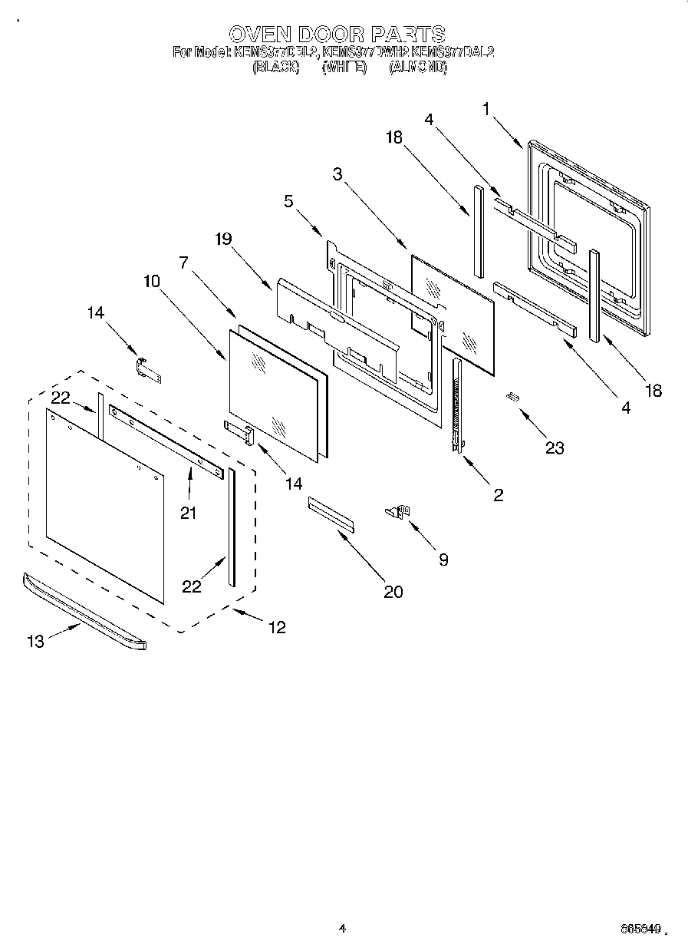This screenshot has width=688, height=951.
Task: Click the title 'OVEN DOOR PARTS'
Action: [x=337, y=34]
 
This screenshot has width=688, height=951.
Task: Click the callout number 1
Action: [x=486, y=109]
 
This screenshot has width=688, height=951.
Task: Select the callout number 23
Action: [x=555, y=448]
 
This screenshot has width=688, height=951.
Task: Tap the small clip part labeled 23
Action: [x=512, y=396]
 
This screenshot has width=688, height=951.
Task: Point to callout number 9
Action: [x=443, y=560]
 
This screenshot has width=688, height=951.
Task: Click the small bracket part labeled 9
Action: [x=400, y=510]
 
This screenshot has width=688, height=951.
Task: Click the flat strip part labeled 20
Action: [x=331, y=513]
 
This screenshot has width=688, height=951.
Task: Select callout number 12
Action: [x=277, y=627]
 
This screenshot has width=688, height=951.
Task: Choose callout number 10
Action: [x=151, y=281]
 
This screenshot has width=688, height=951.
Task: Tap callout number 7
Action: [x=183, y=263]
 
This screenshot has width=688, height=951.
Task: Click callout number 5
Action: [x=288, y=202]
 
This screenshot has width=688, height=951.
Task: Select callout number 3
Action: [x=337, y=174]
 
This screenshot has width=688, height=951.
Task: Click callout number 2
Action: [x=498, y=495]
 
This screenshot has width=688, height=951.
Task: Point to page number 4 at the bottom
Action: [x=343, y=928]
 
